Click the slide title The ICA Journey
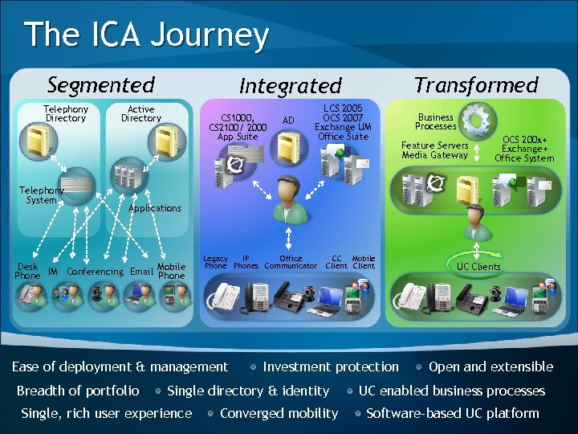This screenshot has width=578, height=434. click(x=146, y=35)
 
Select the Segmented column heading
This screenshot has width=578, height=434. click(x=100, y=84)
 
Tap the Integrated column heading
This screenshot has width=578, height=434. click(x=290, y=85)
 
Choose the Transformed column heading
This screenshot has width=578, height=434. click(x=476, y=84)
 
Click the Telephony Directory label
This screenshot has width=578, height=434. click(x=66, y=113)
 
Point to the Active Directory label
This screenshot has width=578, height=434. click(x=141, y=113)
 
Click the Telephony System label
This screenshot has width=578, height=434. click(x=41, y=195)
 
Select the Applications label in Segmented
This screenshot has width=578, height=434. click(x=155, y=208)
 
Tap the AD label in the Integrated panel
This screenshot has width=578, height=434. click(x=289, y=121)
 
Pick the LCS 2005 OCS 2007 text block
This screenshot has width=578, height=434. click(x=343, y=122)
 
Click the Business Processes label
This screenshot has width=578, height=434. click(x=436, y=121)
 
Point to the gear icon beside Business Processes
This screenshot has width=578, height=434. click(x=476, y=121)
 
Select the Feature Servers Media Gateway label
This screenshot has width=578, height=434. click(x=434, y=150)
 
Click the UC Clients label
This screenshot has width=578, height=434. click(x=478, y=267)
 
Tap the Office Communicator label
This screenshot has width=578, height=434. click(x=291, y=263)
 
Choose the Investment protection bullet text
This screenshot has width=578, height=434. click(x=330, y=366)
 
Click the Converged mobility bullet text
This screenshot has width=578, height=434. click(x=279, y=413)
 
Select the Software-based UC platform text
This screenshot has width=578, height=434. click(x=453, y=413)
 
